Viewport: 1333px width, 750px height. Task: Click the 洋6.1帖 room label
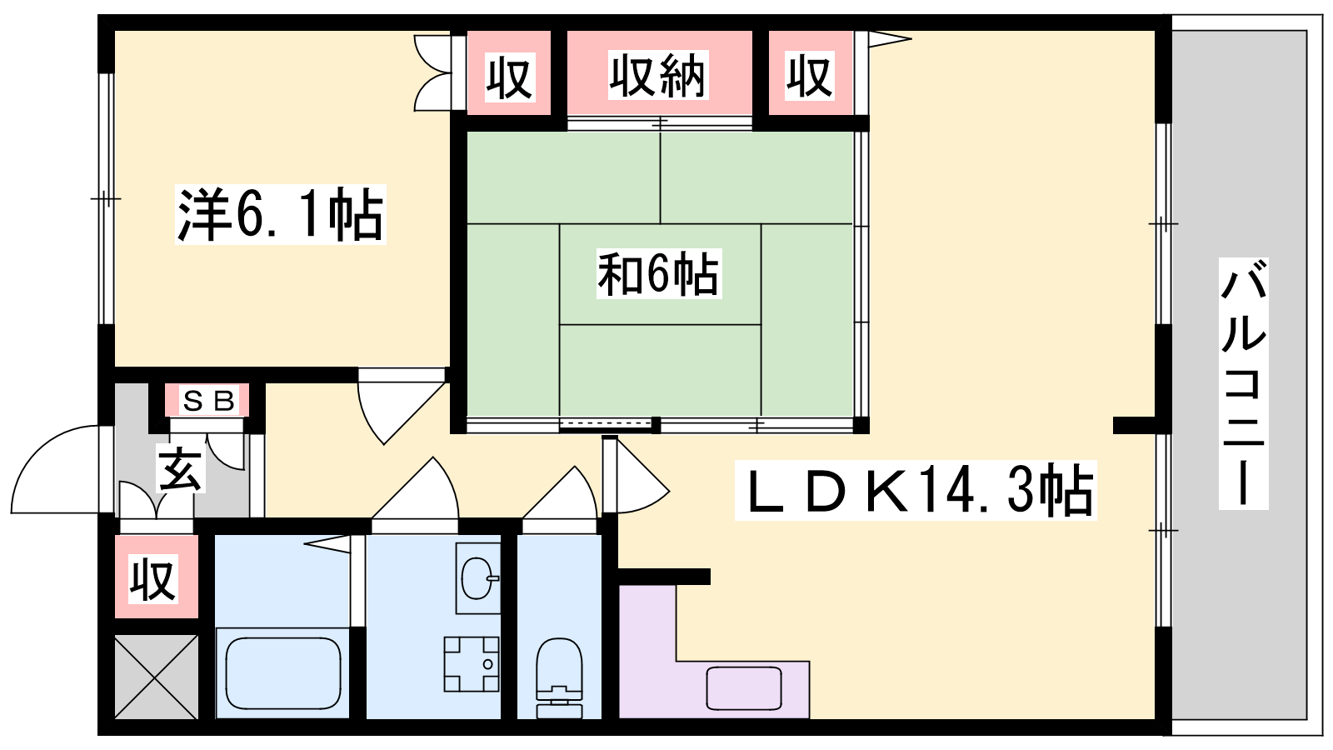pos(280,214)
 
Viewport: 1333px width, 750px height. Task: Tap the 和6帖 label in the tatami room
pos(659,274)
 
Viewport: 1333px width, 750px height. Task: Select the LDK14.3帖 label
pos(916,491)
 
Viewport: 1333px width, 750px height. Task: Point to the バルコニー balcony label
pos(1243,383)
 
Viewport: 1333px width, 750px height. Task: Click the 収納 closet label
pos(658,75)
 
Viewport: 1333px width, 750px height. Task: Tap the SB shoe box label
pos(208,401)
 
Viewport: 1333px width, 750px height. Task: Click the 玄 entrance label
pos(180,469)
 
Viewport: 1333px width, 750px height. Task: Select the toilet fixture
pos(559,678)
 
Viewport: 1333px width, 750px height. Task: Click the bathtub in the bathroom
pos(283,672)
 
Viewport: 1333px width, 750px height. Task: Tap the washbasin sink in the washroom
pos(478,577)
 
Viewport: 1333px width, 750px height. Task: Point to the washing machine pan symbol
pos(472,663)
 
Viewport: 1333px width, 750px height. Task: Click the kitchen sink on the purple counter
pos(744,688)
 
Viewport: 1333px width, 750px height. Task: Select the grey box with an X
pos(156,677)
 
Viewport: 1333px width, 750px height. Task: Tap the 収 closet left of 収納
pos(509,77)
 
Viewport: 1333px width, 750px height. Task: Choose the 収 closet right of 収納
pos(809,75)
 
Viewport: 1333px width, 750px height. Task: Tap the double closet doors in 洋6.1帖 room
pos(432,72)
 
